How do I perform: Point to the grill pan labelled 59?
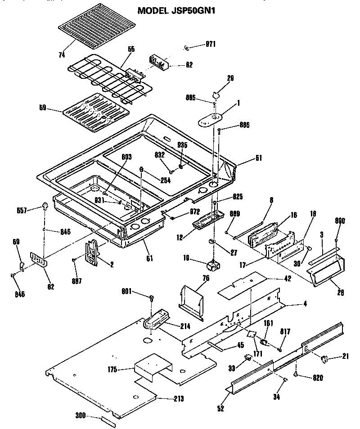pos(94,113)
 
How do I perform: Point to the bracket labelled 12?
pos(207,221)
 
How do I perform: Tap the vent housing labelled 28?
pos(325,268)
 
